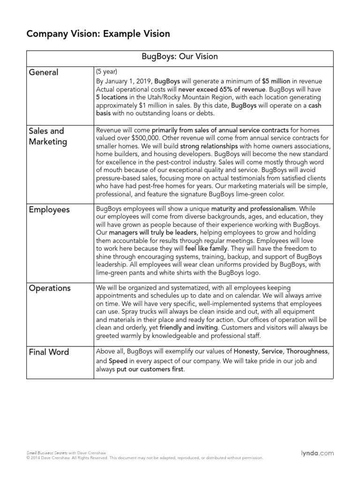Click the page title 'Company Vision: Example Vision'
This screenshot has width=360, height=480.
click(x=98, y=34)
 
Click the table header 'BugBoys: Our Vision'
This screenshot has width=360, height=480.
click(x=180, y=57)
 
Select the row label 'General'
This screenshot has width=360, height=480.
click(x=44, y=73)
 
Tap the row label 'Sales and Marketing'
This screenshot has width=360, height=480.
click(x=47, y=136)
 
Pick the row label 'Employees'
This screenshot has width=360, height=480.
click(x=49, y=210)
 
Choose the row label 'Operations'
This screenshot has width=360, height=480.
click(x=50, y=288)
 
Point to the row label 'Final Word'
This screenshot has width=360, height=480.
click(x=49, y=352)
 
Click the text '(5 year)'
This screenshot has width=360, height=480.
click(x=106, y=72)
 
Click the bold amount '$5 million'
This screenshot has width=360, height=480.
click(x=276, y=81)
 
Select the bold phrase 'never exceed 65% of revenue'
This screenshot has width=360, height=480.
click(x=221, y=89)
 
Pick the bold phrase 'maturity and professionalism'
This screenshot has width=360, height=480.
click(x=253, y=208)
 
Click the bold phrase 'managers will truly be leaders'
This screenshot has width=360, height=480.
click(x=151, y=232)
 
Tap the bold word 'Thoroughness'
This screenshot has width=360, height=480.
click(x=307, y=351)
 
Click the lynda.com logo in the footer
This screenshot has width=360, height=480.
click(x=317, y=453)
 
